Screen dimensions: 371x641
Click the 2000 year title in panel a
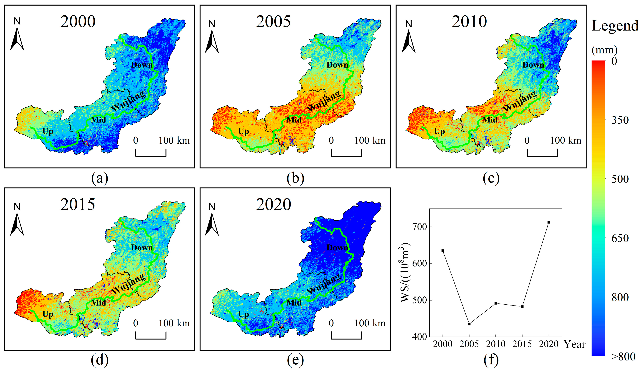coord(78,22)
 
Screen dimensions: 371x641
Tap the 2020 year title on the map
coord(273,205)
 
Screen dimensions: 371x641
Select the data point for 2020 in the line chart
coord(549,222)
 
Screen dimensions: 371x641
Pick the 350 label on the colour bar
coord(620,120)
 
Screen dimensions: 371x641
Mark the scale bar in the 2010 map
coord(542,153)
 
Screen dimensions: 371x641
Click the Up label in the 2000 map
coord(48,131)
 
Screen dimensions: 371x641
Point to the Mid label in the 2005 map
coord(294,120)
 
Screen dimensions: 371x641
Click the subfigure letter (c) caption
coord(491,178)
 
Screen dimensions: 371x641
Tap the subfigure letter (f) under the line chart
coord(491,360)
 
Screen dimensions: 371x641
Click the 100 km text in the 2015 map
coord(174,323)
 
